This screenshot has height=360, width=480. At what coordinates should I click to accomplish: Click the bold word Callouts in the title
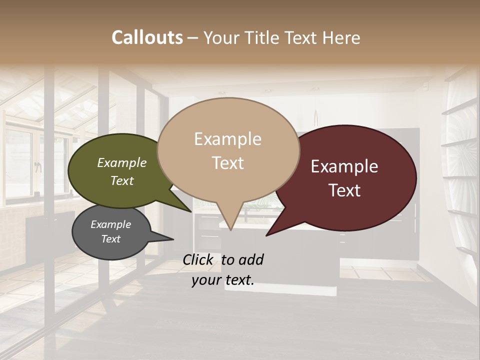(x=147, y=37)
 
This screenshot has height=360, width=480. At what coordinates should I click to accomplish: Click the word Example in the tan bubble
(x=227, y=139)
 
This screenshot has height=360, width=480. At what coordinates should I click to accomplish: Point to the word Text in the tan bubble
(x=227, y=163)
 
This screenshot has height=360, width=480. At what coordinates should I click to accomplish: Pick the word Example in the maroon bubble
(x=344, y=166)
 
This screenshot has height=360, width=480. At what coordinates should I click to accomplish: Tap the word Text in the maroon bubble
(x=344, y=190)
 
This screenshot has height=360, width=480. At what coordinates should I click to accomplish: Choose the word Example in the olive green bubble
(x=121, y=163)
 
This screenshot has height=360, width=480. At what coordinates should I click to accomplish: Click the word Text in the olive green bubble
(x=121, y=180)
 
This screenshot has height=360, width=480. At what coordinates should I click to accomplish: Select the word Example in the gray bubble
(x=110, y=224)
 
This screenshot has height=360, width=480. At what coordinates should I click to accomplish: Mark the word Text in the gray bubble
(x=110, y=239)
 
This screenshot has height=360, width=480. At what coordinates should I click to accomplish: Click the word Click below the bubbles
(x=198, y=259)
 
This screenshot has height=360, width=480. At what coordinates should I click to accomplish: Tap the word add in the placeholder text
(x=250, y=259)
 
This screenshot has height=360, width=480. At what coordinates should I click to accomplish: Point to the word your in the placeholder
(x=204, y=280)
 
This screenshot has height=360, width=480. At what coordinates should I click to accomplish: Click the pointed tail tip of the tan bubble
(x=230, y=230)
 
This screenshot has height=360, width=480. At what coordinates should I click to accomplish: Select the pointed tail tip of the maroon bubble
(x=266, y=235)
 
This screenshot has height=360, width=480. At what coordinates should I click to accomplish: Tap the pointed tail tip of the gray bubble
(x=173, y=239)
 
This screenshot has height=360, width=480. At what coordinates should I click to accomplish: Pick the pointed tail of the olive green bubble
(x=190, y=211)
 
